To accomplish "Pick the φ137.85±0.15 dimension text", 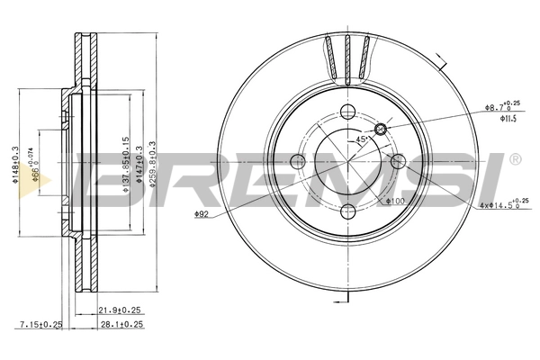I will point(126,166).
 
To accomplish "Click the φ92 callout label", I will point(202,214).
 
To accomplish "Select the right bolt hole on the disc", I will point(396,163).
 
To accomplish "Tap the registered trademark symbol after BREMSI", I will point(514,158).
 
